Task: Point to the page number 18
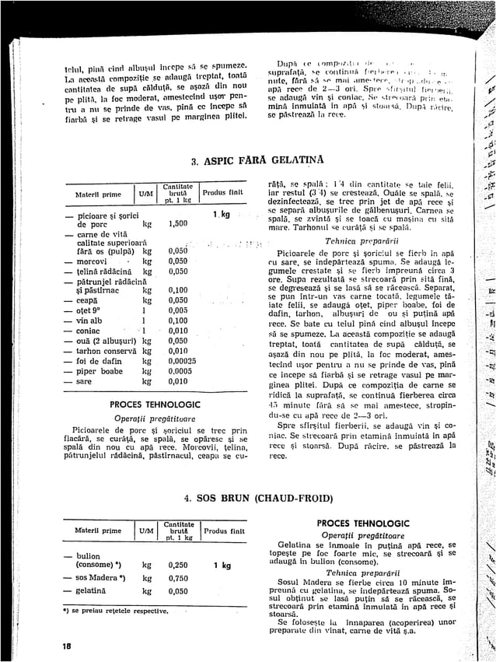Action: pos(69,646)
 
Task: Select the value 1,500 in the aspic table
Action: pos(178,223)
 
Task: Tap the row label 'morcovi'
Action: pos(95,261)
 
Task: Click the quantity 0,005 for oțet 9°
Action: pos(178,310)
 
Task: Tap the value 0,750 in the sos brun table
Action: pos(178,578)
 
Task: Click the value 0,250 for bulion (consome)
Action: pos(178,566)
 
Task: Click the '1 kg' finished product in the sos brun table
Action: pos(222,566)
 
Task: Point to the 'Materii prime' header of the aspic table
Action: pos(98,194)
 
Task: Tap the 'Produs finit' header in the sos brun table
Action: pos(224,531)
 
